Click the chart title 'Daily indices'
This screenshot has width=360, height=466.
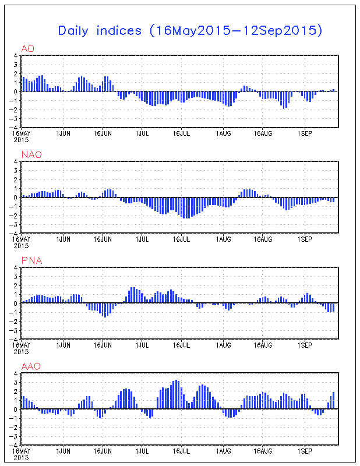tap(100, 31)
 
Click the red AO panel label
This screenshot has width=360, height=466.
tap(26, 48)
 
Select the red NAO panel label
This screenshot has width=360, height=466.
tap(29, 154)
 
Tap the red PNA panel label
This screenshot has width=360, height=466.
tap(29, 260)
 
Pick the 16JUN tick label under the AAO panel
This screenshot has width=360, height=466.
tap(103, 451)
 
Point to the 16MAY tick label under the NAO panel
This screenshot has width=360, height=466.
tap(22, 239)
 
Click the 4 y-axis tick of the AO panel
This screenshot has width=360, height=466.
tap(16, 56)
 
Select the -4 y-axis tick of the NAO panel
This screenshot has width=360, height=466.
tap(15, 232)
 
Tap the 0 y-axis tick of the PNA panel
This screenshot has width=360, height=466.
tap(16, 303)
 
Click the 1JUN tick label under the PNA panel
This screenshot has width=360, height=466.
tap(62, 345)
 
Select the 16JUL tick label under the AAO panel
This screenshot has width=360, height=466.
tap(183, 451)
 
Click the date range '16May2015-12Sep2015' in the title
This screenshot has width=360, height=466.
tap(236, 31)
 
